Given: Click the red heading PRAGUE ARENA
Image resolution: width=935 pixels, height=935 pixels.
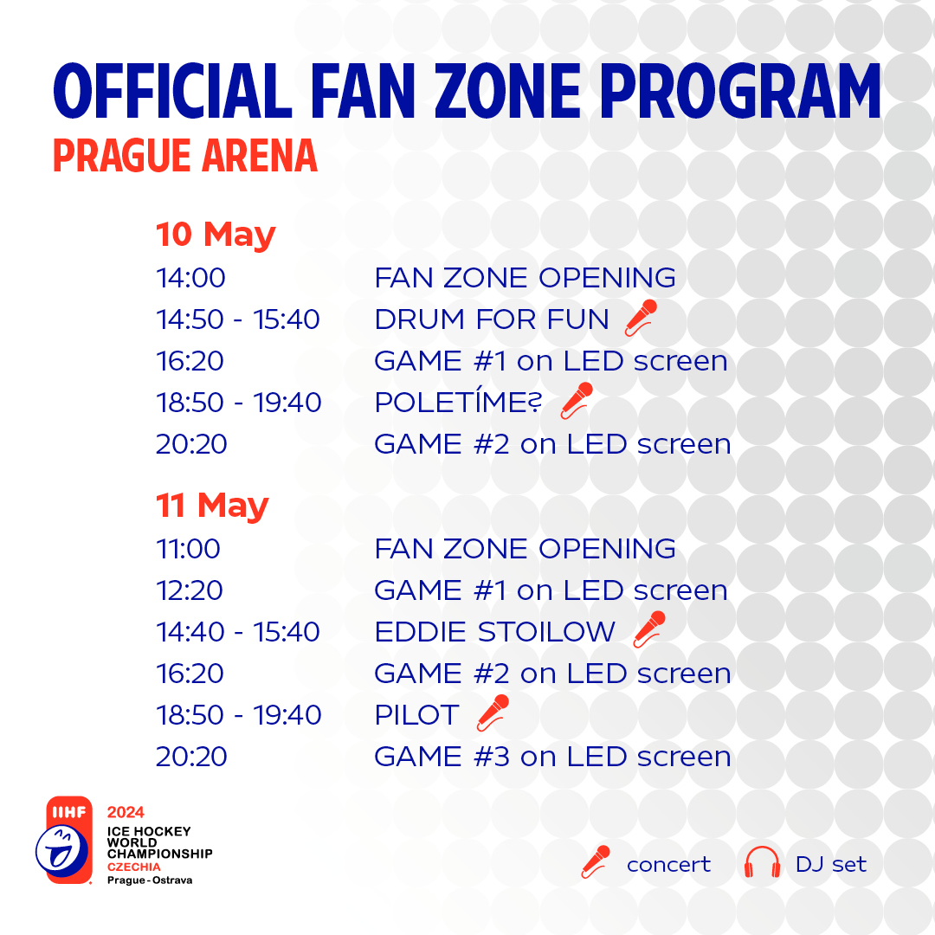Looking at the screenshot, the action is [185, 156].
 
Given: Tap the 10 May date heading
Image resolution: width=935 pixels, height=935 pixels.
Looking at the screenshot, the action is [216, 235].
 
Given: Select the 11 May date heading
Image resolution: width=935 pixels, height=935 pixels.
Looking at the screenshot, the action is [212, 506].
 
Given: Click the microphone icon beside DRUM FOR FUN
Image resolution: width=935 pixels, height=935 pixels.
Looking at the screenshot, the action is [641, 318].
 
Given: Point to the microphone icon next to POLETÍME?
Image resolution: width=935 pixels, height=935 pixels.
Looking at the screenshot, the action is [577, 401].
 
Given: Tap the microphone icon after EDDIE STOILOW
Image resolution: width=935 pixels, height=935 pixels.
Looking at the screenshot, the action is [649, 629].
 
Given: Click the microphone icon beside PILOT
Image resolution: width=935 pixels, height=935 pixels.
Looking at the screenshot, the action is [493, 713].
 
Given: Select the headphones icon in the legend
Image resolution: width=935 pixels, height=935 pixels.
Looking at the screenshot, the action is [762, 862].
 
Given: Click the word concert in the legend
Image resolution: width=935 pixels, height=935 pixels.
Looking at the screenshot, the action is [668, 865].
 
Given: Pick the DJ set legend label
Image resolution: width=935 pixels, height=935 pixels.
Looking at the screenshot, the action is [830, 864].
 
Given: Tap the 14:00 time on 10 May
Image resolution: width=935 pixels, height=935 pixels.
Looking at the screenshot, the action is [190, 278].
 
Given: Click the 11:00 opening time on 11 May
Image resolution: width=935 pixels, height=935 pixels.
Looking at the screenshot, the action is [189, 549].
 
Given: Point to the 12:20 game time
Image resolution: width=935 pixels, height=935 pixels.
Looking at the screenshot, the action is [190, 590].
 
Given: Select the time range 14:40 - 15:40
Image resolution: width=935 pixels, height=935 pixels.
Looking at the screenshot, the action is [238, 632].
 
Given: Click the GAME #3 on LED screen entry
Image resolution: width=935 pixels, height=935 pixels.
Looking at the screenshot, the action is [552, 757].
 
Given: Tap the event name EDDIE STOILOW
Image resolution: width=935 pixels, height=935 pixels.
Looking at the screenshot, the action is [495, 632].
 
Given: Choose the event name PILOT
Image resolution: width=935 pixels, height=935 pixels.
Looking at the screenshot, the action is [416, 715].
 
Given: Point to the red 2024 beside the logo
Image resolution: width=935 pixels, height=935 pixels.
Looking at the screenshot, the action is [126, 812].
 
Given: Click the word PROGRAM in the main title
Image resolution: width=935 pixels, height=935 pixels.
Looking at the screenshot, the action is [740, 91].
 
